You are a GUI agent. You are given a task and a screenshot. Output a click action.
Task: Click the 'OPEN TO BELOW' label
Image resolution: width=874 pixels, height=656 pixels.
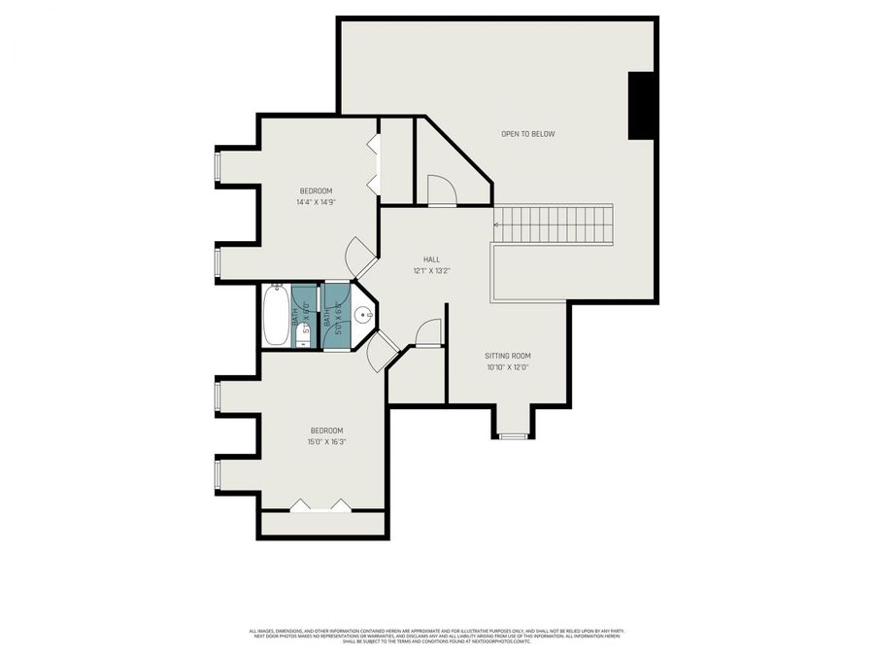[527, 134]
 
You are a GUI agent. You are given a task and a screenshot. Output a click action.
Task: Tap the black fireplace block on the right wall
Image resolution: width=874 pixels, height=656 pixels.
[642, 106]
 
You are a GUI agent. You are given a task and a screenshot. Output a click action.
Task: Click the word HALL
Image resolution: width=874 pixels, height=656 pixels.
[431, 259]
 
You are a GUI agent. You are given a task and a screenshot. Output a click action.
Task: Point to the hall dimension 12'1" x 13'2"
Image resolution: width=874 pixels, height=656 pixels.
[431, 271]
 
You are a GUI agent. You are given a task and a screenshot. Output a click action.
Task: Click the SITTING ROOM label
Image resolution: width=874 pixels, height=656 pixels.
[507, 356]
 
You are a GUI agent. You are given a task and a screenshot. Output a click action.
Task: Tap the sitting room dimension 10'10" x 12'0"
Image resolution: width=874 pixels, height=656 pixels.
[507, 367]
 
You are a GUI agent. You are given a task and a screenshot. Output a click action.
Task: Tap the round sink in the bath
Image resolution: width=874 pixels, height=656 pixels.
[363, 315]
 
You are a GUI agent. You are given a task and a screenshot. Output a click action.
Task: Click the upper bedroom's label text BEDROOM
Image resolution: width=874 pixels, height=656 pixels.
[316, 190]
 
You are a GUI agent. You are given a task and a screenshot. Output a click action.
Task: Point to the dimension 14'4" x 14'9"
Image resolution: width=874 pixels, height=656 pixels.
[316, 202]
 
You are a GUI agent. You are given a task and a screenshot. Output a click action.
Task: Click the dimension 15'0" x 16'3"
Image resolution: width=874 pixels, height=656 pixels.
[327, 442]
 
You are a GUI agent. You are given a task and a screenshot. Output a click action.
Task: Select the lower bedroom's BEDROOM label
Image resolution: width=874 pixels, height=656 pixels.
[327, 431]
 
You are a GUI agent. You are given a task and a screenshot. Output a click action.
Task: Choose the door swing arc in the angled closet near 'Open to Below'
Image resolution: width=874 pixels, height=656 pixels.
[441, 191]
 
